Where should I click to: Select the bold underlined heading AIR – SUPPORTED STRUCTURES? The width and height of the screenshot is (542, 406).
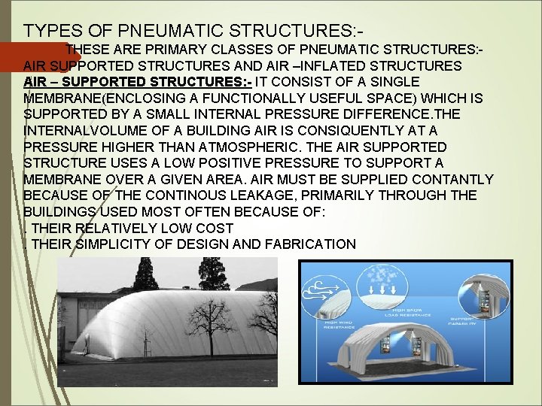(137, 81)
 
